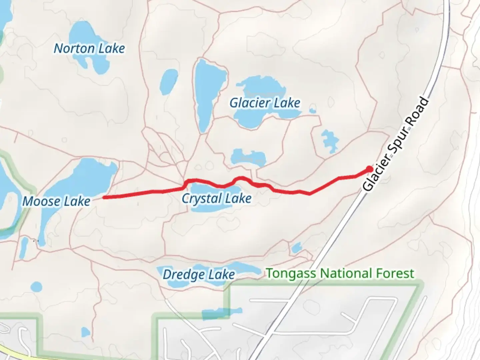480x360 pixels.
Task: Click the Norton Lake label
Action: coord(89,49)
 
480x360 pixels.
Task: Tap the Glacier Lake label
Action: coord(265,103)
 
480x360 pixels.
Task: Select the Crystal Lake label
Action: coord(216,198)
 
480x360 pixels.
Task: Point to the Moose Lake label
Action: coord(56,201)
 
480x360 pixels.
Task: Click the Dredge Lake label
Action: coord(199,275)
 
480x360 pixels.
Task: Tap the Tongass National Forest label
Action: coord(340,273)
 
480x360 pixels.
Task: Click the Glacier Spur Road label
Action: coord(396,144)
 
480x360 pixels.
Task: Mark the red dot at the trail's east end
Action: coord(369,169)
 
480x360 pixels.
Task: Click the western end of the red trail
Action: coord(104,197)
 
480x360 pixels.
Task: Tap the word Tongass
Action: coord(291,273)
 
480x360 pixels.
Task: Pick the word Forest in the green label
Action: coord(395,273)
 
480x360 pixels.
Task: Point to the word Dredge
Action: coord(184,275)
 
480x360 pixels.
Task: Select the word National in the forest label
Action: coord(346,273)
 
